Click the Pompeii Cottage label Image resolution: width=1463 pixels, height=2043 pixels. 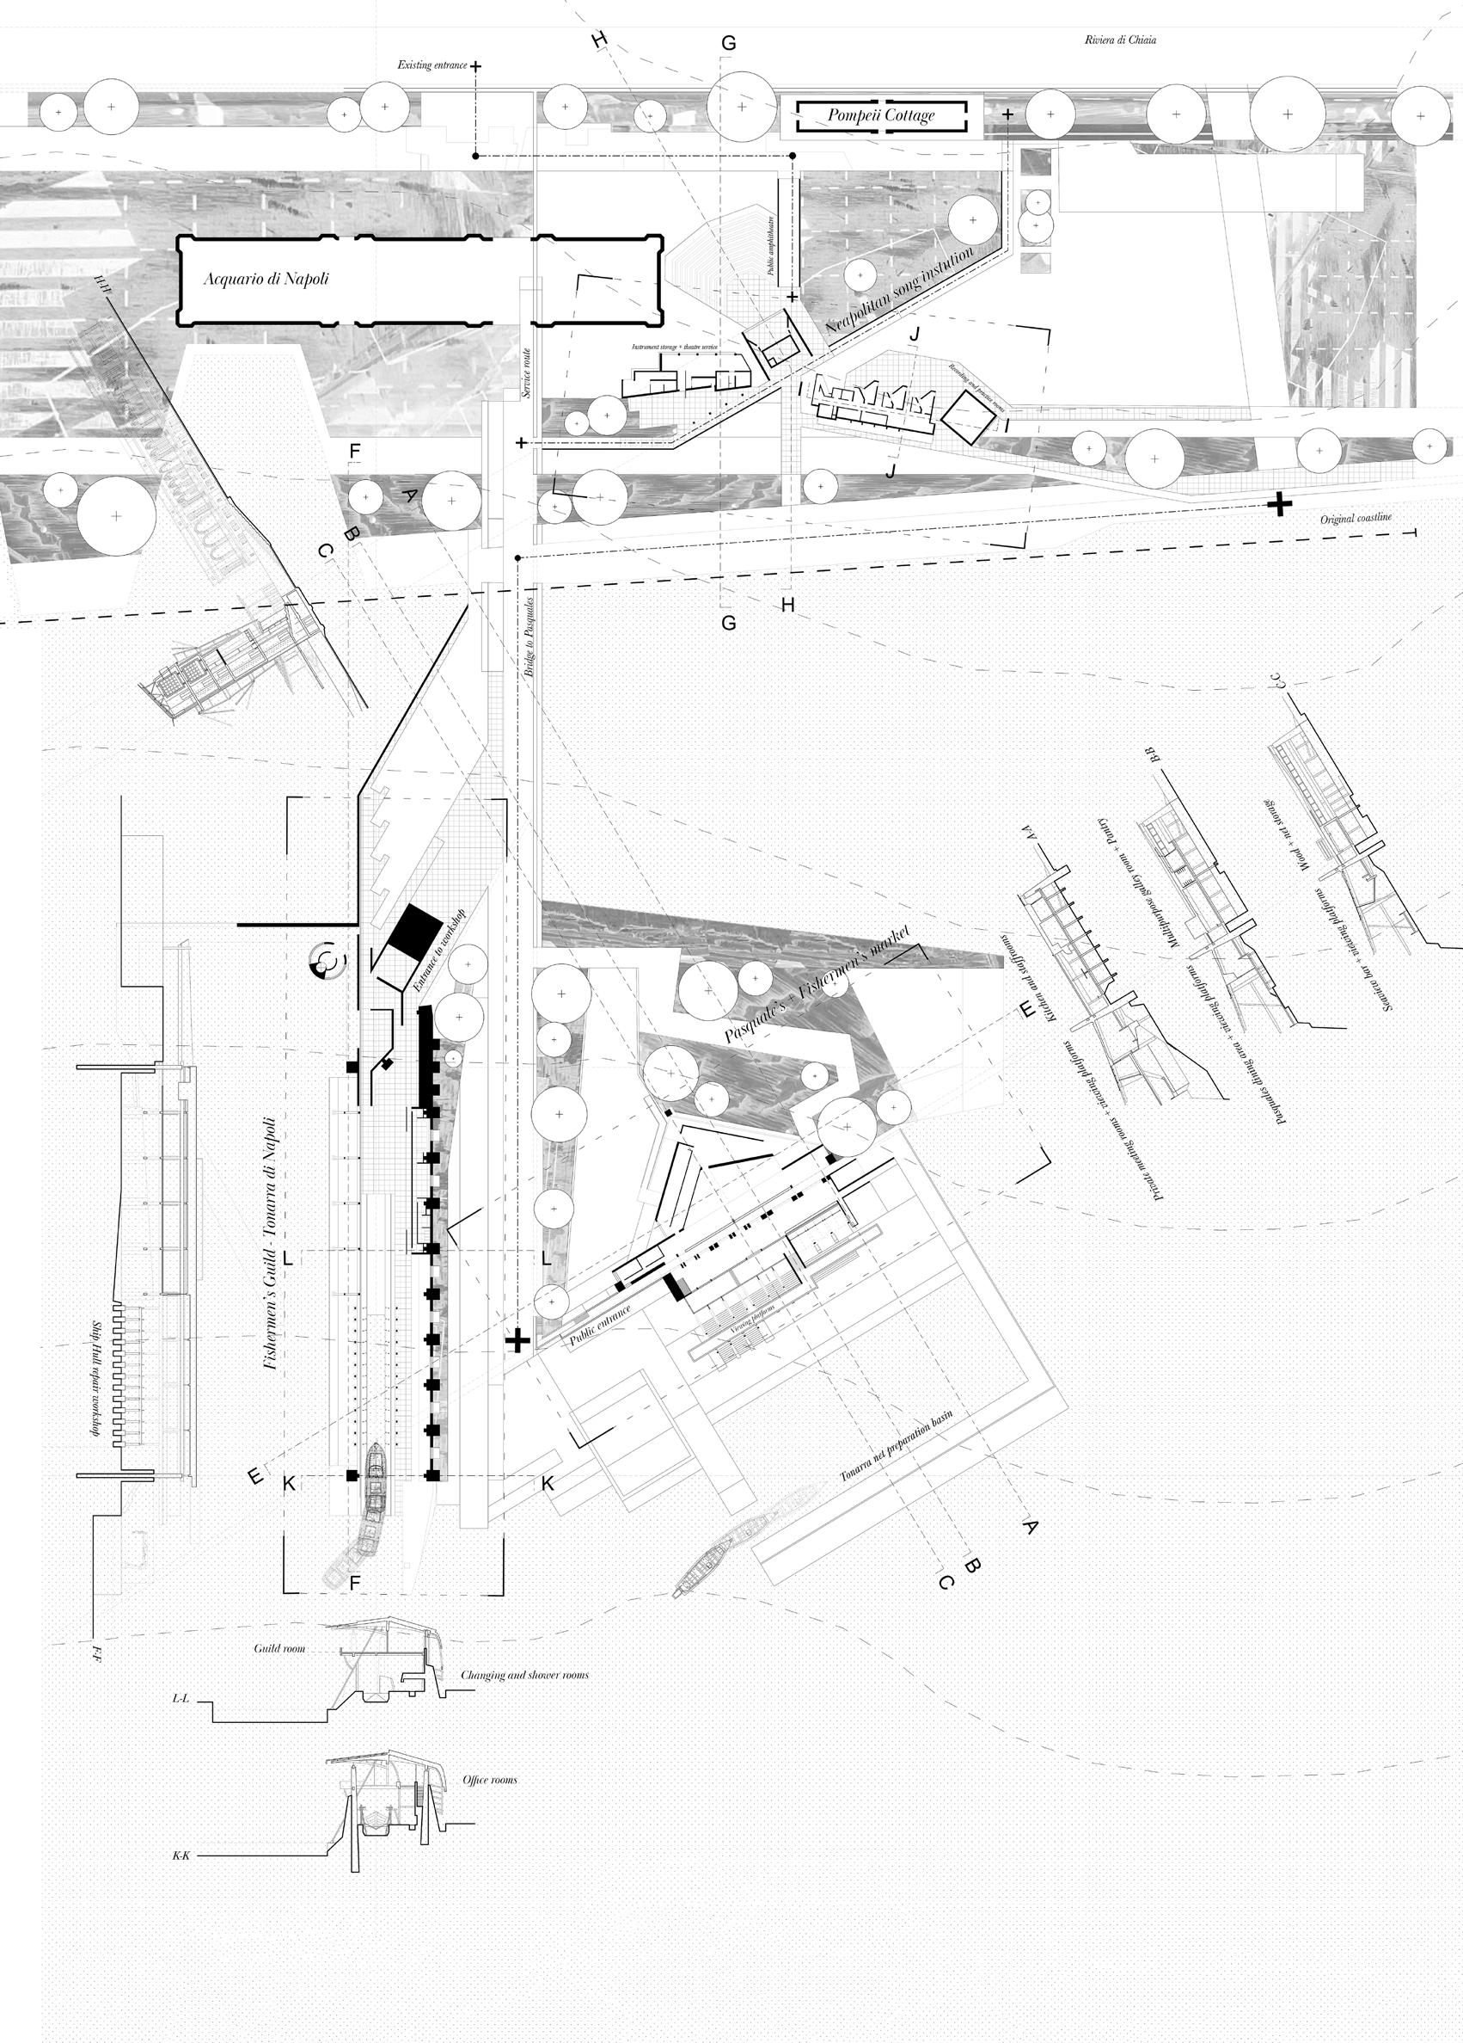(x=880, y=115)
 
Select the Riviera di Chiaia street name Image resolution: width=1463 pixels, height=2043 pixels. (x=1120, y=40)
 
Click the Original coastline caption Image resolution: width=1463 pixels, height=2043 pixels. (x=1356, y=519)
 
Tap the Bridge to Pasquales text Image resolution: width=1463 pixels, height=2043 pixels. (x=530, y=637)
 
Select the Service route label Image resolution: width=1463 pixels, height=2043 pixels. (x=527, y=374)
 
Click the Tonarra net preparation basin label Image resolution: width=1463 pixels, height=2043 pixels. (x=896, y=1445)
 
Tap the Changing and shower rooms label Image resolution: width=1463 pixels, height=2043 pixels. (x=525, y=1676)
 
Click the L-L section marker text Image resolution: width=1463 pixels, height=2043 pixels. (x=181, y=1697)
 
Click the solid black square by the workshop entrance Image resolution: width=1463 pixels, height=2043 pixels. (x=415, y=931)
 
